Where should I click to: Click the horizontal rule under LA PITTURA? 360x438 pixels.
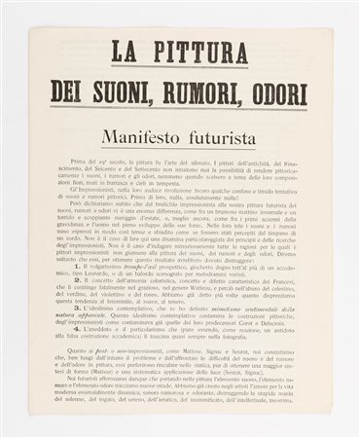[x=179, y=68]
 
